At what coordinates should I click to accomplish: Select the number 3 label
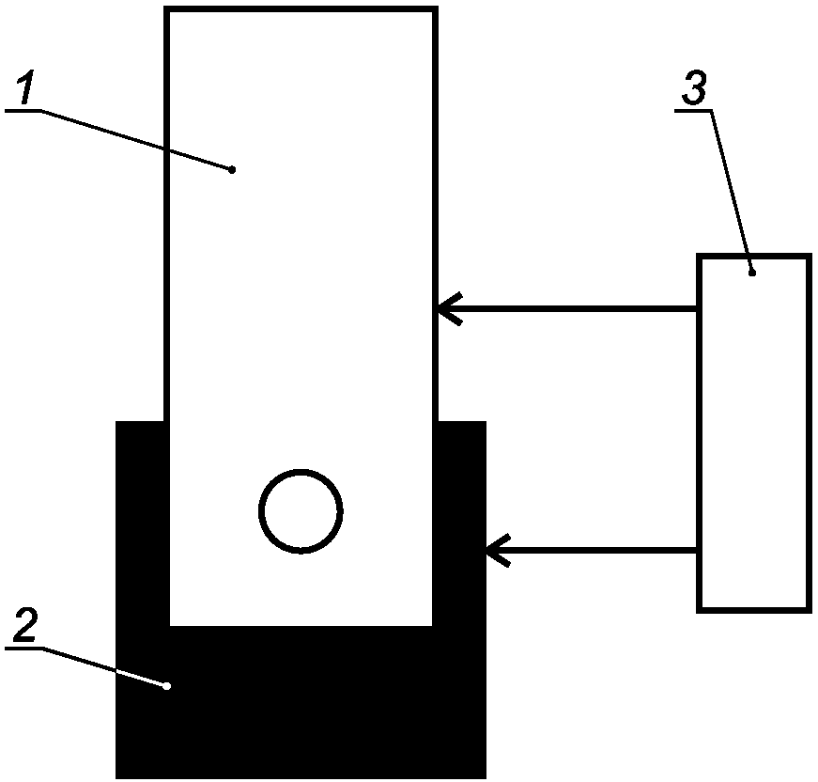click(694, 87)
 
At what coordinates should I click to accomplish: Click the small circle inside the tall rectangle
click(301, 511)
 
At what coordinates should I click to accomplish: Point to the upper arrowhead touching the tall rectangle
click(449, 308)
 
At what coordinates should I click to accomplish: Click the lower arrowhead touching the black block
click(498, 550)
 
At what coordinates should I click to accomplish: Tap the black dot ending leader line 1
click(232, 170)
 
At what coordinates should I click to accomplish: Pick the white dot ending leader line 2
click(167, 686)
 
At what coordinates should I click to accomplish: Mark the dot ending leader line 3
click(752, 273)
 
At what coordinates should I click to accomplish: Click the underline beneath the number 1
click(23, 111)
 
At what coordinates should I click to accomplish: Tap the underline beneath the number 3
click(693, 111)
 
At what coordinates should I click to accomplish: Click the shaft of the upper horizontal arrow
click(567, 308)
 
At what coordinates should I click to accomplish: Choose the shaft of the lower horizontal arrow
click(592, 550)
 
